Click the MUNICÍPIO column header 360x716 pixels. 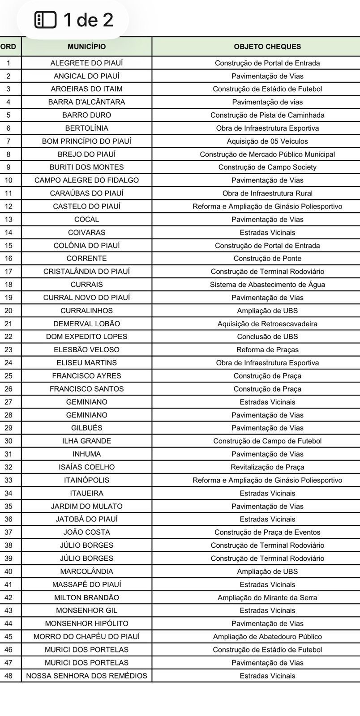[x=86, y=47]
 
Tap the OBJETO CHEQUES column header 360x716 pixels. [x=267, y=47]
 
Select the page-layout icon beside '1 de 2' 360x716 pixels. [x=46, y=20]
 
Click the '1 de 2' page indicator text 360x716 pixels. [x=88, y=20]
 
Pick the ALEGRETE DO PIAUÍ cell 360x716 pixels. [x=86, y=63]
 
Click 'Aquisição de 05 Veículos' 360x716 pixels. [x=267, y=141]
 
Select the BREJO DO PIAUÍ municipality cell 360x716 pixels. [x=86, y=154]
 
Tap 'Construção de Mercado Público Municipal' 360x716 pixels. [x=267, y=154]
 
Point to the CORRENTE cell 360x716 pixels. [x=86, y=259]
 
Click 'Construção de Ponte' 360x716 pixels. [x=267, y=259]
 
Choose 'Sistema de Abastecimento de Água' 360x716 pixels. [x=267, y=285]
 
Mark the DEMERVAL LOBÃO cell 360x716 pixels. [x=86, y=324]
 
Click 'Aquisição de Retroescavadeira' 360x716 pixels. [x=267, y=324]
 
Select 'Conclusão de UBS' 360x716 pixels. [x=267, y=337]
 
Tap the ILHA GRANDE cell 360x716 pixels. [x=86, y=441]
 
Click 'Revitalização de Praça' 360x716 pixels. [x=267, y=467]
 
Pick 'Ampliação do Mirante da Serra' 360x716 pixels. [x=267, y=597]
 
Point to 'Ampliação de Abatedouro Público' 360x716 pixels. [x=267, y=636]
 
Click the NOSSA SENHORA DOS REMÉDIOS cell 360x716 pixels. [x=86, y=676]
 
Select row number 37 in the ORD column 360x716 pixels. [x=8, y=532]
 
